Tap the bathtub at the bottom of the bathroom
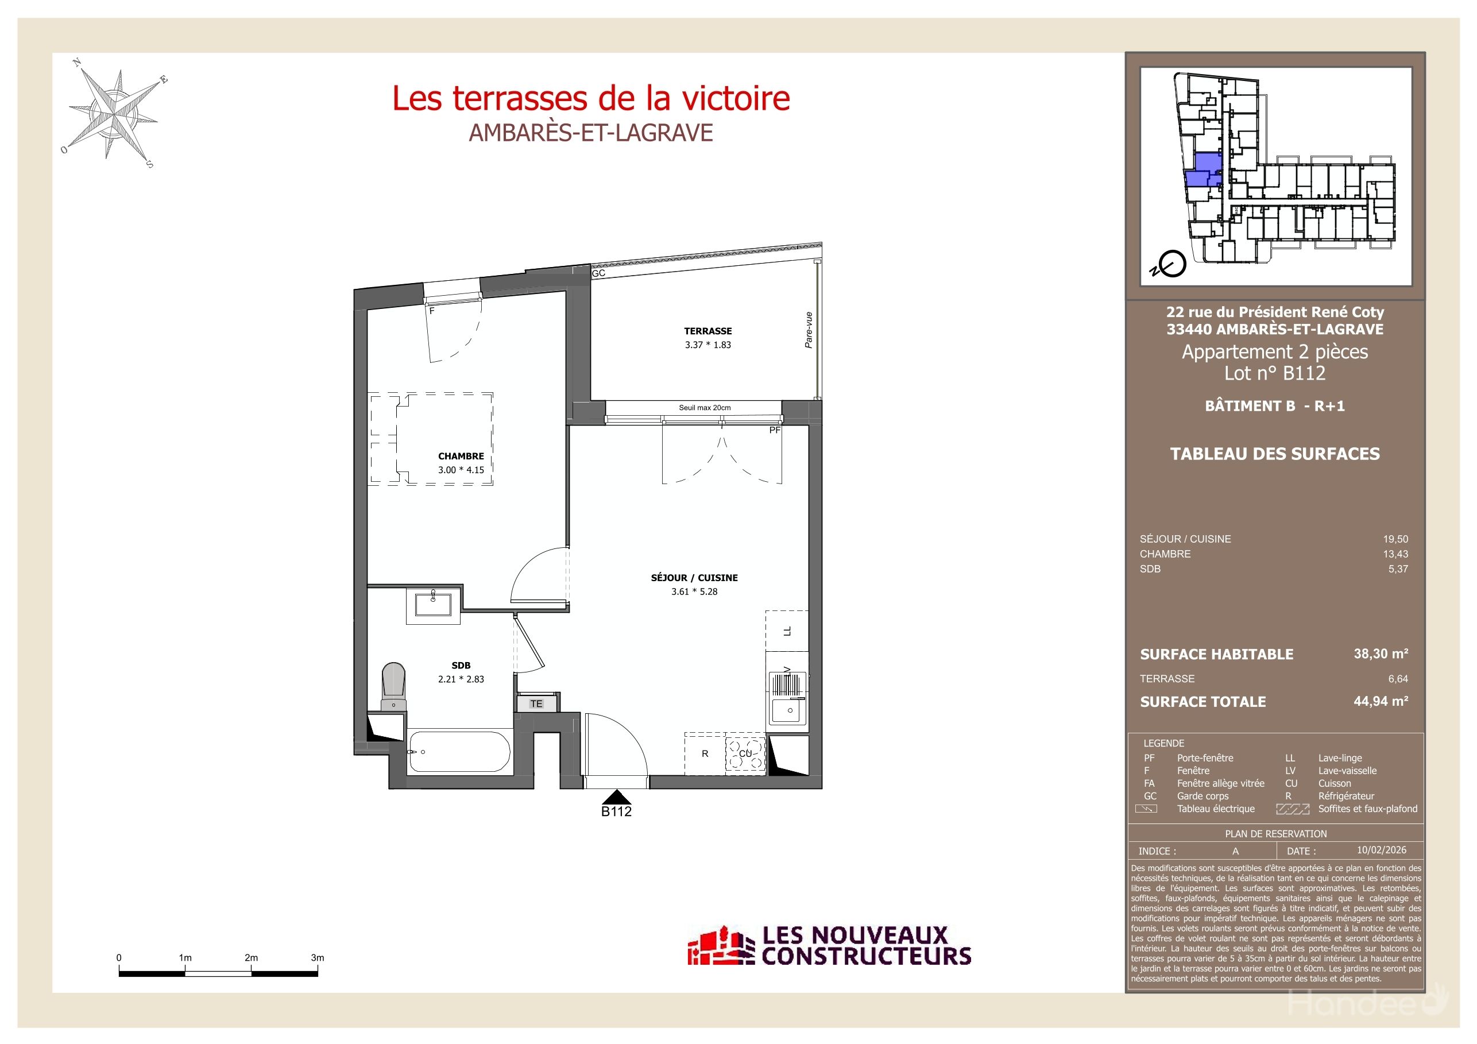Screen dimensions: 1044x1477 [x=459, y=751]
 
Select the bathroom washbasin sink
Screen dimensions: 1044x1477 [x=433, y=605]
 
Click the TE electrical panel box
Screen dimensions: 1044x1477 [x=537, y=703]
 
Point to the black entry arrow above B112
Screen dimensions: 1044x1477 [x=616, y=797]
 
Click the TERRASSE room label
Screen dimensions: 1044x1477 [x=707, y=331]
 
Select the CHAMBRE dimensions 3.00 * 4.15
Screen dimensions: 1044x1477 [x=461, y=470]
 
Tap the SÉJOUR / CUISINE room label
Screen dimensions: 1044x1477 [x=694, y=578]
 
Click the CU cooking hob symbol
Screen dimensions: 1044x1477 [x=745, y=754]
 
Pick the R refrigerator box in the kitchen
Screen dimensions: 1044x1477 [x=705, y=754]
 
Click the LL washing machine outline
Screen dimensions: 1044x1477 [x=787, y=631]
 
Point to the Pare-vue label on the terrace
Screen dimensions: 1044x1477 [x=809, y=330]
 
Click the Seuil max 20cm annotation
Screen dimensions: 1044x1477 [x=705, y=408]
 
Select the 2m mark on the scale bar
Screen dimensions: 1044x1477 [x=251, y=958]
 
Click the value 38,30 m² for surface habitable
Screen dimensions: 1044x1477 [x=1381, y=654]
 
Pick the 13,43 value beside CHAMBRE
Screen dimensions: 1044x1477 [x=1395, y=554]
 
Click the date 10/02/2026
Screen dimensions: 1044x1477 [x=1382, y=850]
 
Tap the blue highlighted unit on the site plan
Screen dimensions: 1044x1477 [x=1204, y=171]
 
